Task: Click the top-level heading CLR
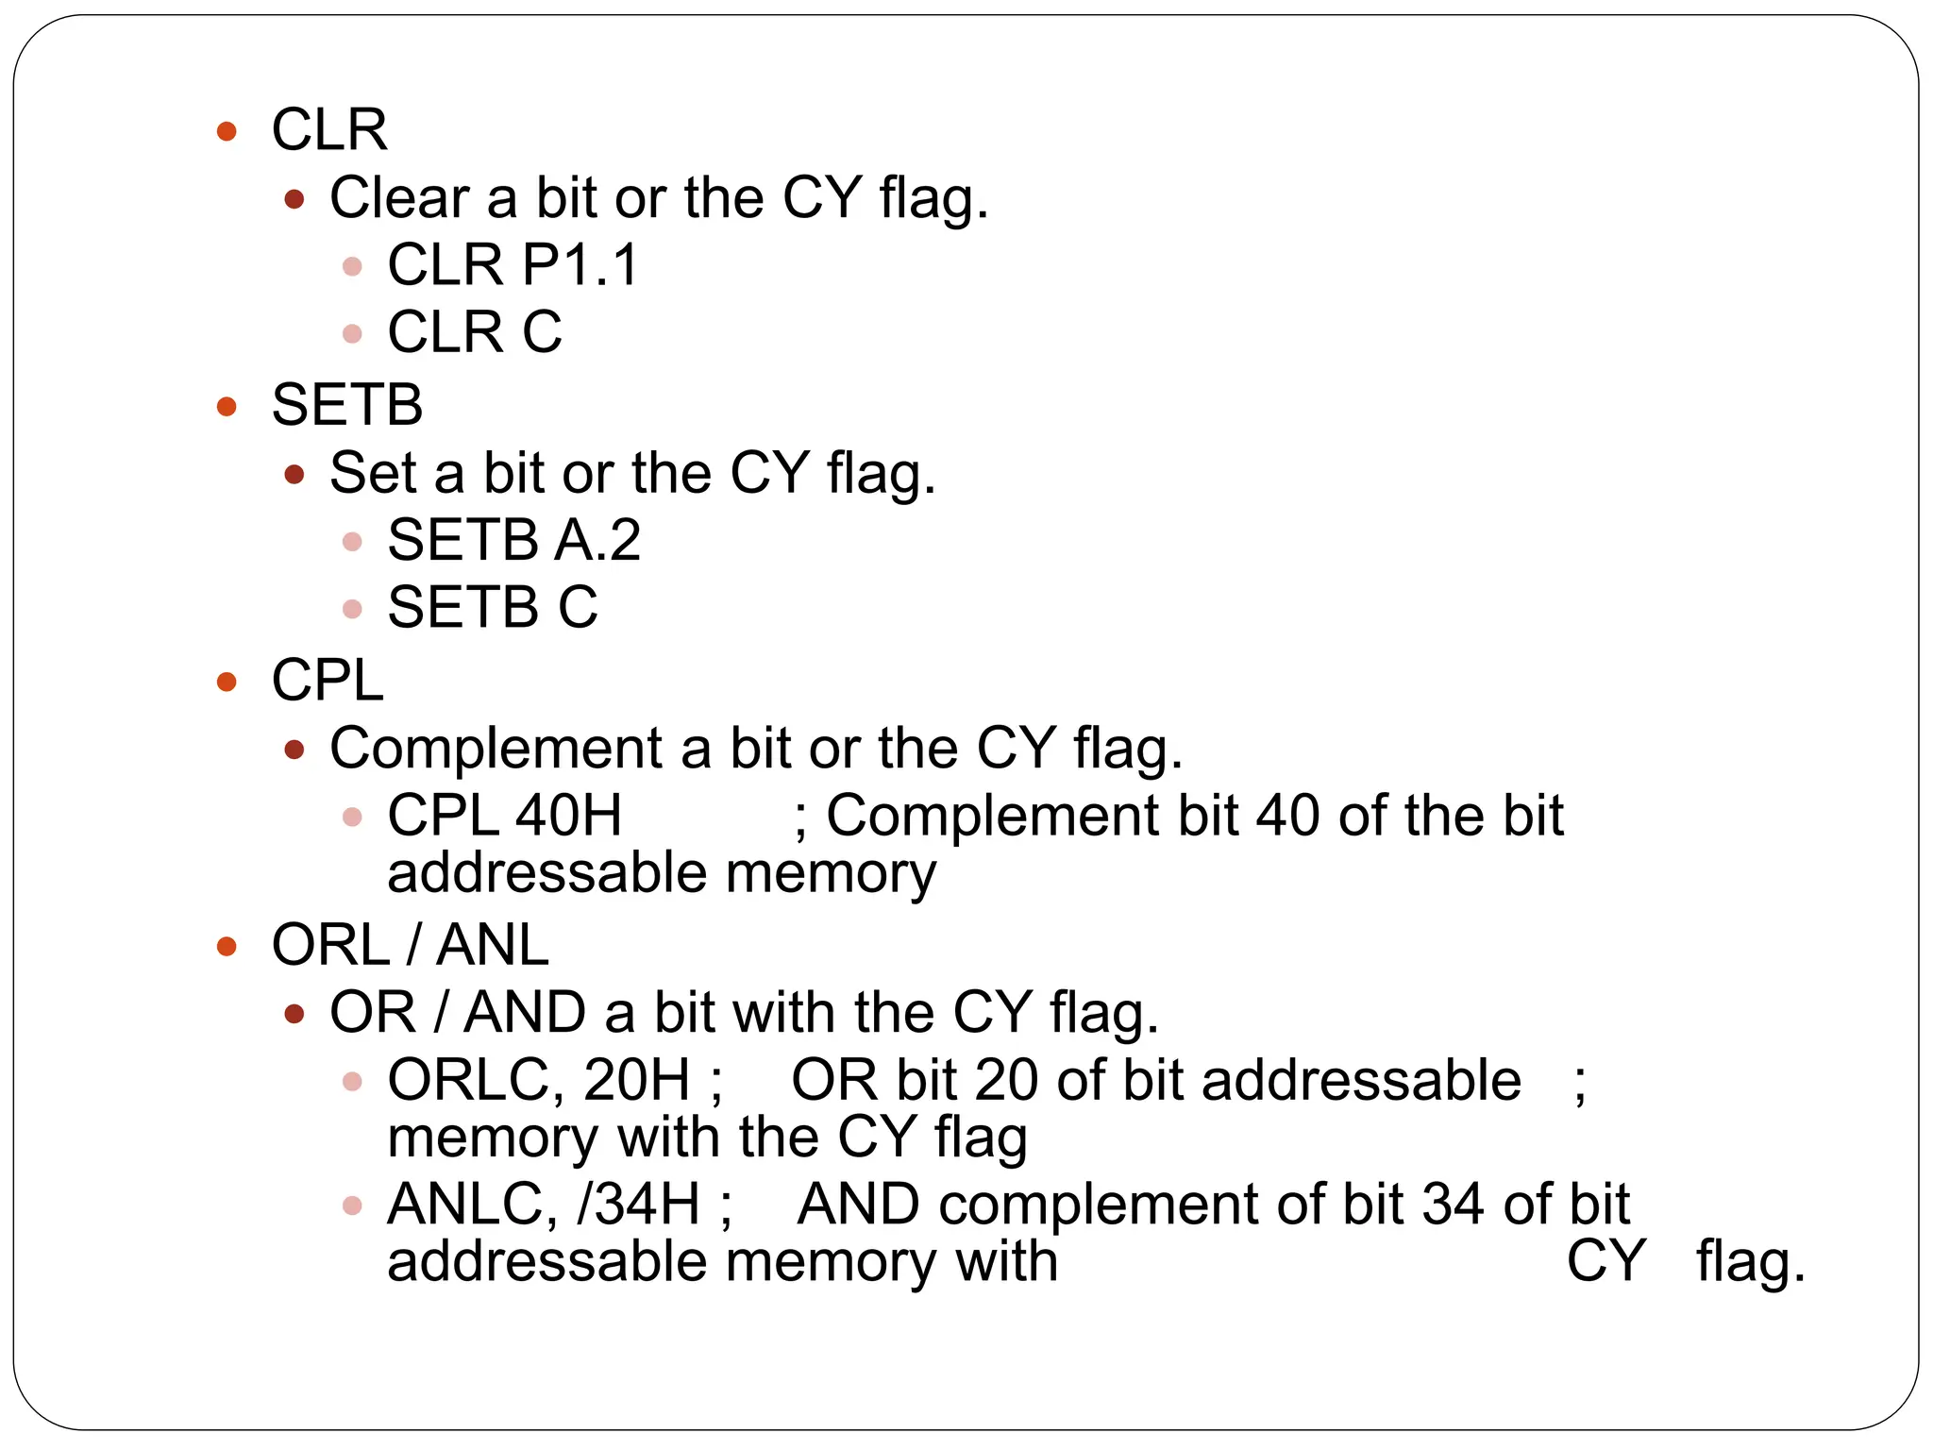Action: tap(329, 129)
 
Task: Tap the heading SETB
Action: tap(346, 405)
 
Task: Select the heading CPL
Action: tap(328, 680)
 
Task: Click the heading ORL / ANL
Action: tap(410, 945)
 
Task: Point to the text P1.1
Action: tap(580, 264)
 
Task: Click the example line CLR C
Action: tap(474, 332)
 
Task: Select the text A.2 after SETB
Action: tap(597, 540)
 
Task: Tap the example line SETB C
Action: tap(492, 607)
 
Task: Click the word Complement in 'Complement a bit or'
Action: tap(496, 749)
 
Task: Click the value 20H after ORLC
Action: tap(637, 1080)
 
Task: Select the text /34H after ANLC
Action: tap(638, 1205)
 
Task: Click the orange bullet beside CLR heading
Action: tap(227, 131)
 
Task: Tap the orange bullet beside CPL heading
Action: tap(227, 682)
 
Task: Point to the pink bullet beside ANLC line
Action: tap(352, 1206)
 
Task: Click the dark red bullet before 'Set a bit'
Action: tap(294, 474)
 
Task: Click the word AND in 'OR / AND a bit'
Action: tap(525, 1013)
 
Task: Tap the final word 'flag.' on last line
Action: tap(1751, 1263)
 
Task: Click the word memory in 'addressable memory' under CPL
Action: tap(831, 873)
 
